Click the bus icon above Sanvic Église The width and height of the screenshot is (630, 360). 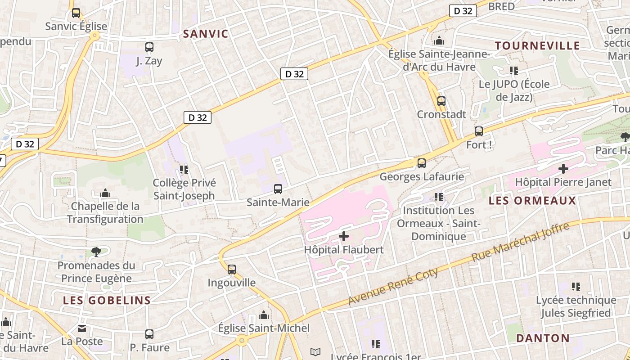pos(76,13)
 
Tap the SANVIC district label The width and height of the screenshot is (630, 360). pos(206,34)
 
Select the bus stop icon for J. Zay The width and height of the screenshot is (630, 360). pos(149,47)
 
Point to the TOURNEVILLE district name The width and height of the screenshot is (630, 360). pos(537,45)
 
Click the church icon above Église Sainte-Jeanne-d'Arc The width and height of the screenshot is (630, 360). pos(439,41)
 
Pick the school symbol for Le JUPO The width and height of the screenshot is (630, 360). pos(514,71)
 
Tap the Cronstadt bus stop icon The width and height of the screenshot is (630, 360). pos(441,101)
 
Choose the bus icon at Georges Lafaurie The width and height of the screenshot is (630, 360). pos(422,163)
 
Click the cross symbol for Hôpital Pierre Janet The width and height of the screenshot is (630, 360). pos(563,169)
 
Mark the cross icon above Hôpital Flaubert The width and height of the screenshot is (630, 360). pos(344,236)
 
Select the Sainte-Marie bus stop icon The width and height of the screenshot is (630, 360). pos(278,189)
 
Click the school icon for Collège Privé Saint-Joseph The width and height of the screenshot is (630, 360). pos(184,170)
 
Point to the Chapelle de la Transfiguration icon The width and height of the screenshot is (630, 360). pos(105,193)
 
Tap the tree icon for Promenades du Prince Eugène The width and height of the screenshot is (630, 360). pos(96,252)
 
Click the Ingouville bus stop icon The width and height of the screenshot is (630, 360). pos(232,270)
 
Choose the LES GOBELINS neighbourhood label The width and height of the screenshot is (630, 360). pos(107,301)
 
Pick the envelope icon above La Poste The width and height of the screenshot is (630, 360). pos(82,328)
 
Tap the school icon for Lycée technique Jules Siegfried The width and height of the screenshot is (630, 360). pos(576,287)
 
